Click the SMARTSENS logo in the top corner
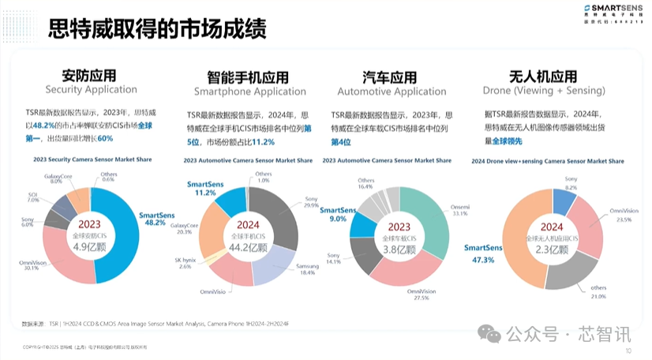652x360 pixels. point(608,12)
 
